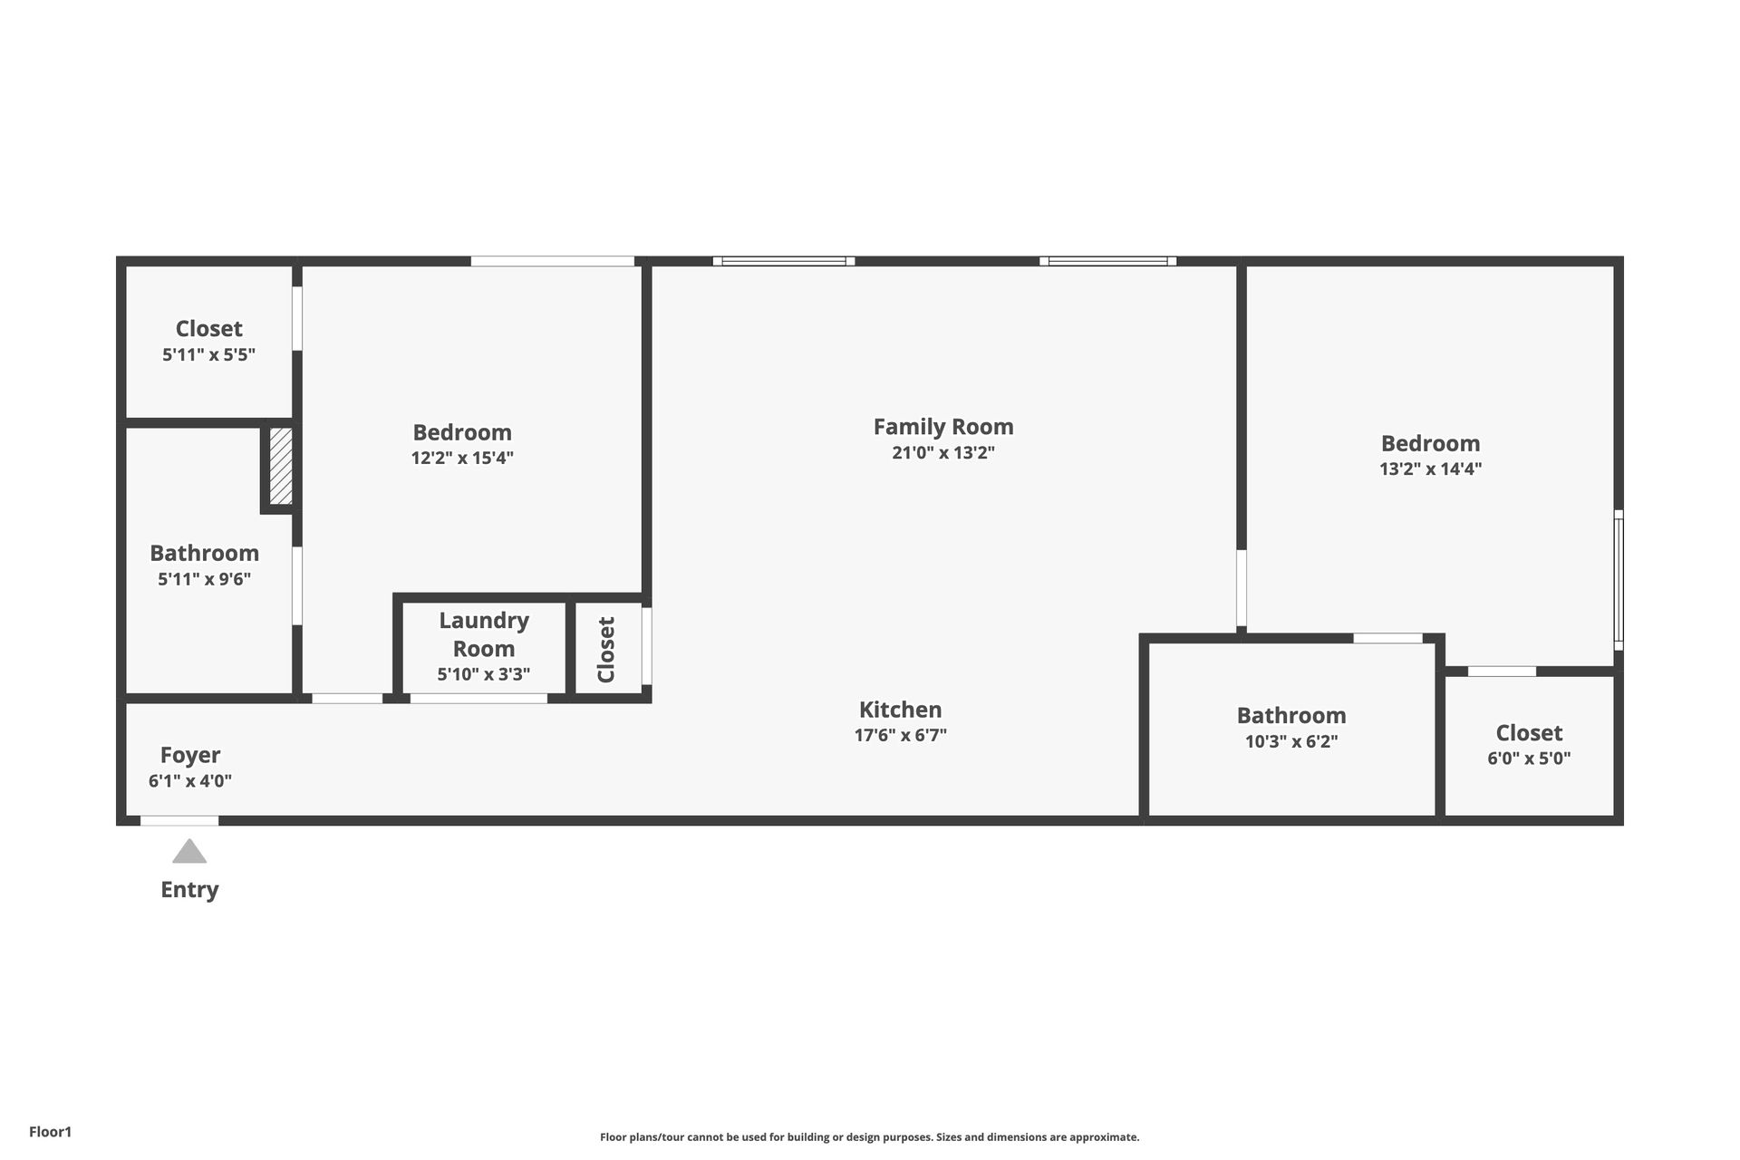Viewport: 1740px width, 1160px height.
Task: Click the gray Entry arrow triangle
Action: (x=189, y=852)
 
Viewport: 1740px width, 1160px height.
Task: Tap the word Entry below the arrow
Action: (x=189, y=890)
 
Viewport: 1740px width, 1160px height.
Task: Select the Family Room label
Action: (x=943, y=427)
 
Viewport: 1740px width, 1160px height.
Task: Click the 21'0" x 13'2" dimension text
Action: (x=943, y=453)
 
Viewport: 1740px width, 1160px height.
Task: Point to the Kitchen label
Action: (x=900, y=710)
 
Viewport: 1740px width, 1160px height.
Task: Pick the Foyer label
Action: (x=190, y=755)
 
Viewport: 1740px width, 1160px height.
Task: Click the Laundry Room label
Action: (x=484, y=634)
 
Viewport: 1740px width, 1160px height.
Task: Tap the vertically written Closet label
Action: (x=606, y=650)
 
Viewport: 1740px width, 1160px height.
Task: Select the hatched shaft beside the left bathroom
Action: (x=281, y=467)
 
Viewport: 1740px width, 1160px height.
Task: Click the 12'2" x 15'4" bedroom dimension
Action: (x=462, y=459)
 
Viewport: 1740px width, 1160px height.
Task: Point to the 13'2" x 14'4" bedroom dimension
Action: (x=1430, y=469)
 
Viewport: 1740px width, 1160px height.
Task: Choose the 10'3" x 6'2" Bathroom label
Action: (x=1291, y=716)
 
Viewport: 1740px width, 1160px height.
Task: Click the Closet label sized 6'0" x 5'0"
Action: (x=1529, y=733)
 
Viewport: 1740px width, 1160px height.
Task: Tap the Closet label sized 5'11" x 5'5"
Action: (x=208, y=329)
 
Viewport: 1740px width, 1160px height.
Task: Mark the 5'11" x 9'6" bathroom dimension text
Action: (x=205, y=579)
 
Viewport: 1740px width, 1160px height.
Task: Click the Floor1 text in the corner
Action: (x=50, y=1132)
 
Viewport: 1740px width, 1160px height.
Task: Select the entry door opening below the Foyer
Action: (x=179, y=821)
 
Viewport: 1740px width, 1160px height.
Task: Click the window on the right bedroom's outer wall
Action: (x=1619, y=580)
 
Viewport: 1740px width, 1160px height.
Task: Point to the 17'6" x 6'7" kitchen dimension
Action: (x=900, y=736)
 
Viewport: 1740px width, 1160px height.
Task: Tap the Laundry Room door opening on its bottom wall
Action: (x=478, y=699)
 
